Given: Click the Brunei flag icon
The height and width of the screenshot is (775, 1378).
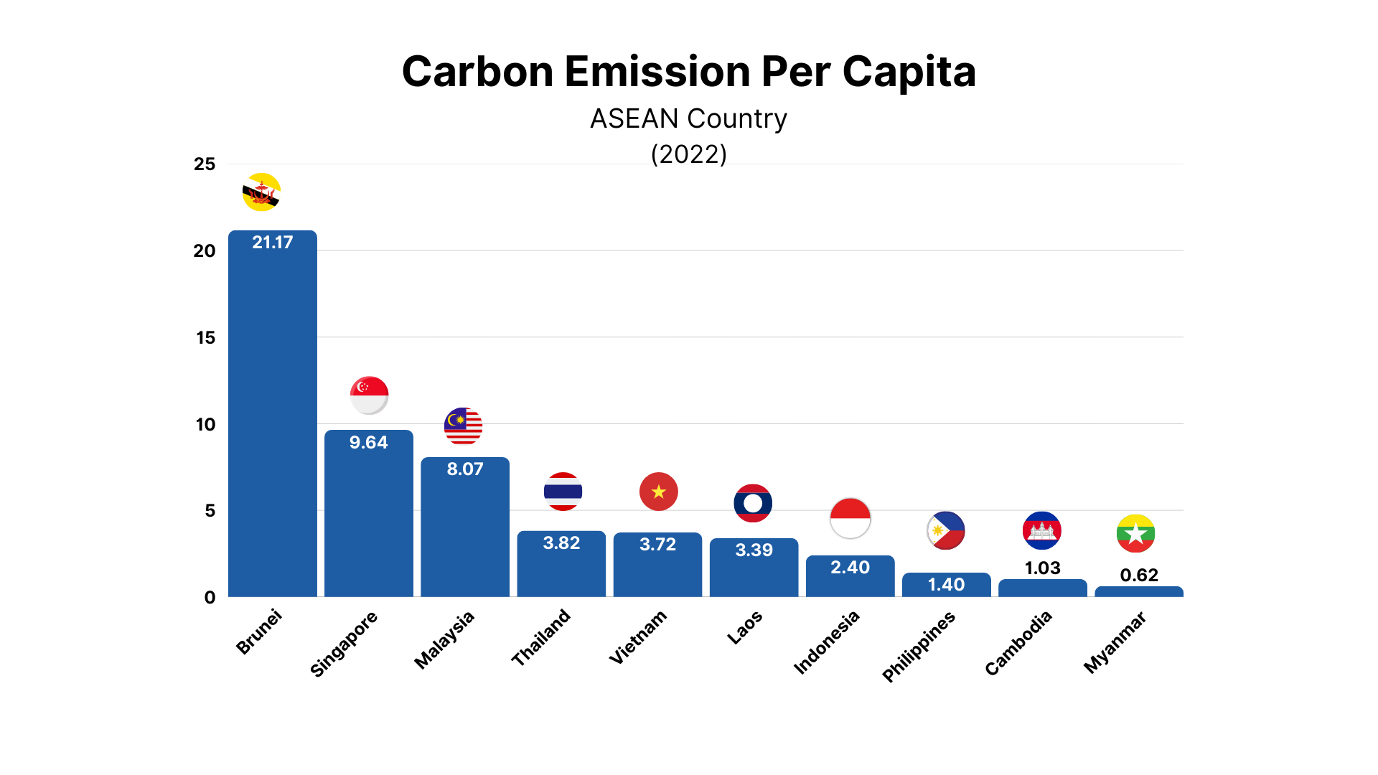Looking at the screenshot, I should [261, 192].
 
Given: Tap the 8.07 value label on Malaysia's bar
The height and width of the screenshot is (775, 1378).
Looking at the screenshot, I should [465, 469].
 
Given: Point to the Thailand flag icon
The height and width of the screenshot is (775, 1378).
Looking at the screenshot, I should [563, 492].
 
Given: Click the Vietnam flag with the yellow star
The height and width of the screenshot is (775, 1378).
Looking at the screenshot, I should [658, 492].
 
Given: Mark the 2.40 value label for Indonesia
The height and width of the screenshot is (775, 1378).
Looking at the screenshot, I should [850, 568].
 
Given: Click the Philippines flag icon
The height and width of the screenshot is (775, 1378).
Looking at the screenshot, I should [946, 531].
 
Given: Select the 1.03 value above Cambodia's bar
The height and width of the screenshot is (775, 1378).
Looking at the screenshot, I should [1042, 568].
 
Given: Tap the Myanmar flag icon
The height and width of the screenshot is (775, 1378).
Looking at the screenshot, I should [1135, 534].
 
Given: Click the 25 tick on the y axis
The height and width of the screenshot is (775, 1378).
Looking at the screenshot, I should [205, 164].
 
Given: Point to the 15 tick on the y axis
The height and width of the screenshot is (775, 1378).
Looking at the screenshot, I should [205, 338].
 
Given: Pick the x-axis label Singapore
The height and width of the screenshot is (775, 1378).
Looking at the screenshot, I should [344, 644].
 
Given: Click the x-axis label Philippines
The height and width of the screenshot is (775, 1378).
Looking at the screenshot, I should [919, 646].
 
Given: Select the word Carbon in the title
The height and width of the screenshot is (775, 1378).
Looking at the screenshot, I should [477, 72].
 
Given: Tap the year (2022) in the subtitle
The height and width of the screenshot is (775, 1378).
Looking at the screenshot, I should [688, 154].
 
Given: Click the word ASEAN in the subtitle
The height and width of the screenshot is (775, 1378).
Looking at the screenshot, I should [634, 119].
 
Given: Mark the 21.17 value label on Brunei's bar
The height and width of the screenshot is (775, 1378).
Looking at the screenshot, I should [273, 243].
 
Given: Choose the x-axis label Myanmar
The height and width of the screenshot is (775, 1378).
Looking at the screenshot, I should [1115, 642].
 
